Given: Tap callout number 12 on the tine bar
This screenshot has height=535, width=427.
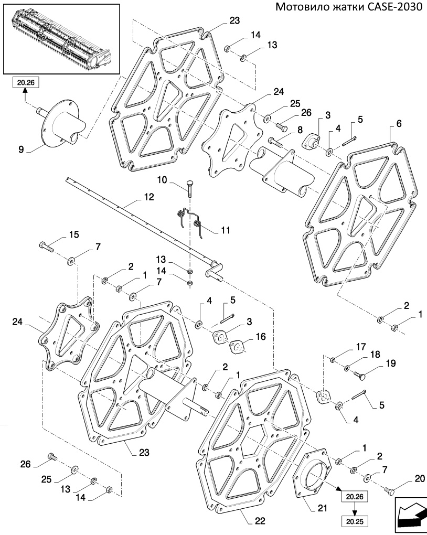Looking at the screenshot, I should tap(149, 198).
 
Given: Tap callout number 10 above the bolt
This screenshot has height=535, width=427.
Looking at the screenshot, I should tap(163, 180).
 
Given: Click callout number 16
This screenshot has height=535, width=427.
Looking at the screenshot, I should tap(260, 336).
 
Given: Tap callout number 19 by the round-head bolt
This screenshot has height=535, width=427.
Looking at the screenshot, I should tap(391, 363).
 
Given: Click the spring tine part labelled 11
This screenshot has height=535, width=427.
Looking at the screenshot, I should tap(190, 219).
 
